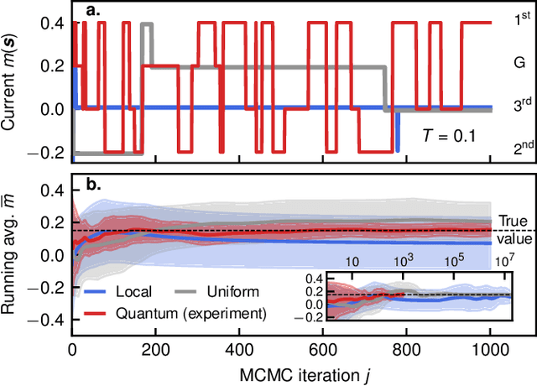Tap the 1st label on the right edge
[522, 19]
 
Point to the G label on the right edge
[519, 62]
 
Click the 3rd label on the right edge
[522, 105]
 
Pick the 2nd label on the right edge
[522, 149]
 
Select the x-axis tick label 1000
[490, 348]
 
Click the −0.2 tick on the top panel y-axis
[49, 152]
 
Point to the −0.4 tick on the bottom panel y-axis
[49, 320]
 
